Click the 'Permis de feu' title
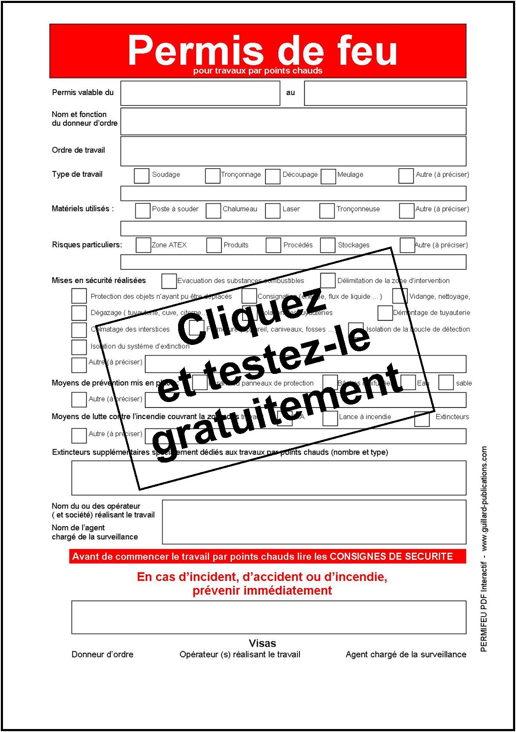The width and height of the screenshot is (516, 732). click(262, 51)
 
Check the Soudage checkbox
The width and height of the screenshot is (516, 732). click(141, 176)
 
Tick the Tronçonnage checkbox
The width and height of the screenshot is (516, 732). click(212, 176)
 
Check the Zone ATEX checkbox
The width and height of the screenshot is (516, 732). click(143, 245)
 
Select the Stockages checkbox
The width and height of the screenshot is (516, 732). click(328, 245)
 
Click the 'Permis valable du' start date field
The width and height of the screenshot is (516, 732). click(200, 93)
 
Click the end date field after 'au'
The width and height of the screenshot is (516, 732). click(385, 93)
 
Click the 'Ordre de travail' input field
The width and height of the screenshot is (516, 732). click(293, 151)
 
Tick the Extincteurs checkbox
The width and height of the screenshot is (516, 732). click(422, 419)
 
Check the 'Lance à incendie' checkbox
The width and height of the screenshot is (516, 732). click(330, 419)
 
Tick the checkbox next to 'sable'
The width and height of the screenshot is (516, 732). click(446, 382)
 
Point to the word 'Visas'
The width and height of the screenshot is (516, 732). click(262, 643)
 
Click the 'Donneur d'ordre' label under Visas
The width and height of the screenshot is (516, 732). click(102, 654)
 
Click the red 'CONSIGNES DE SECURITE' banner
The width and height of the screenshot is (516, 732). click(268, 556)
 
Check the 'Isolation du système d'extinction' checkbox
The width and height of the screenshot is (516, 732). click(79, 347)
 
